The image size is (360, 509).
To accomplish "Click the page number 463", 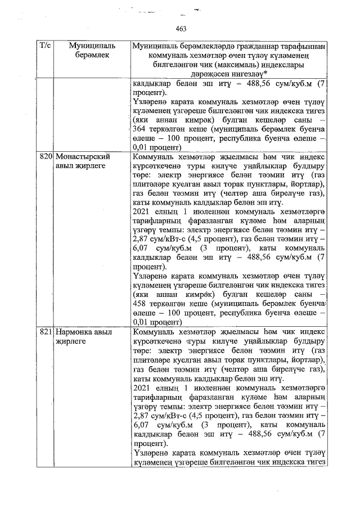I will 181,29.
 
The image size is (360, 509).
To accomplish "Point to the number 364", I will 141,129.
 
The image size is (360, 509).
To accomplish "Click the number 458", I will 141,305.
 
